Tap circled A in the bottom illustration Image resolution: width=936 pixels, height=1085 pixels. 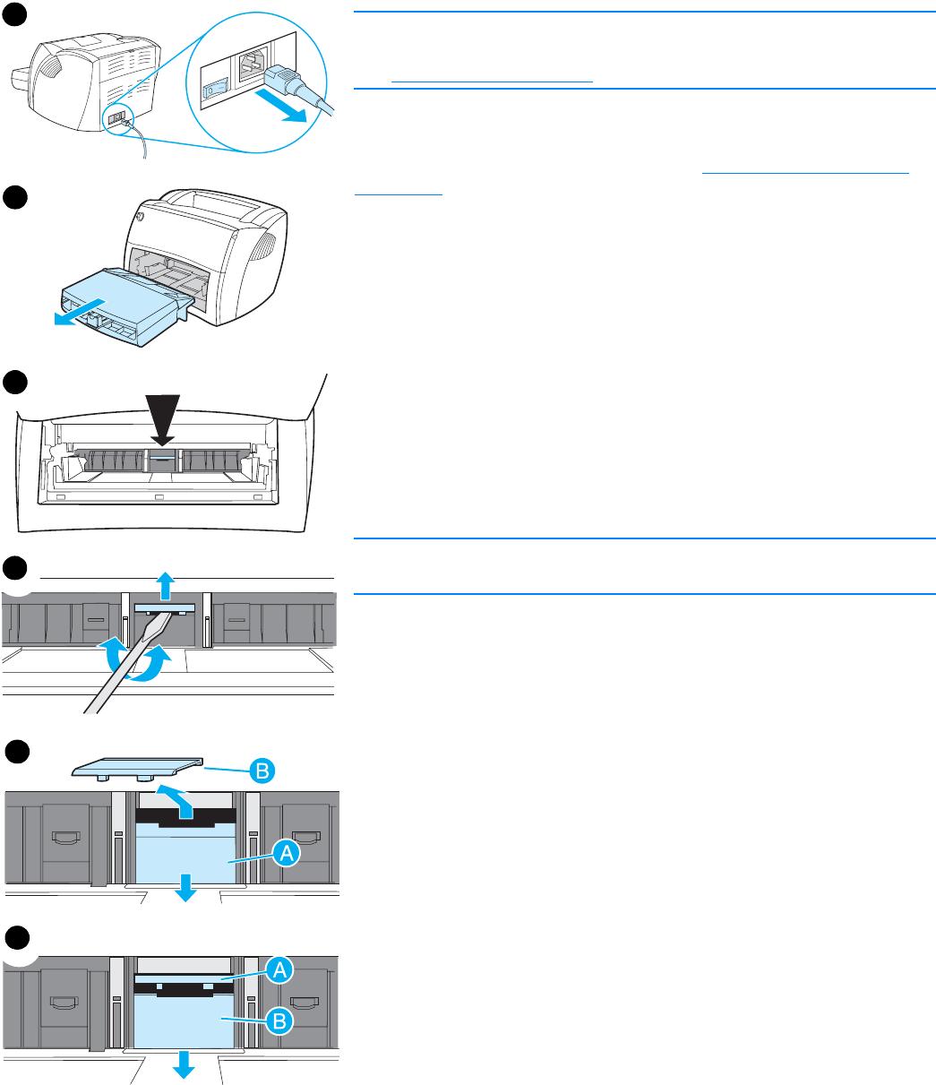pos(279,968)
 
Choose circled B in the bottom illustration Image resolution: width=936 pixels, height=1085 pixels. pos(279,1019)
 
